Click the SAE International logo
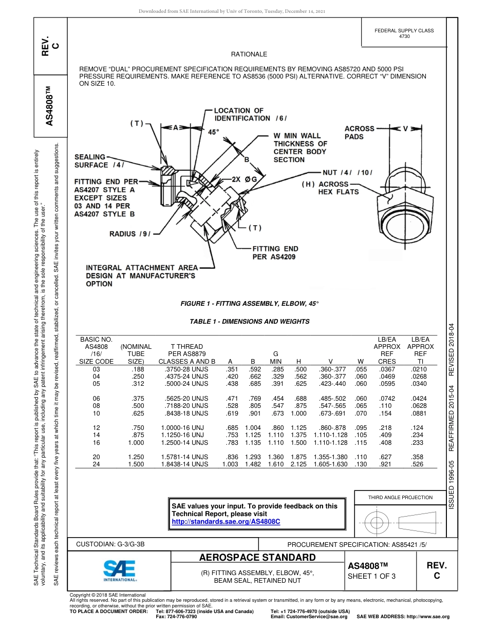tap(120, 570)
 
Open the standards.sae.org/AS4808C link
tap(226, 521)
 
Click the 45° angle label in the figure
tap(213, 132)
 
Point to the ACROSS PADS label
tap(359, 133)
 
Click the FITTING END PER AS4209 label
tap(275, 253)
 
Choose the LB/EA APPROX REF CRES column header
tap(387, 350)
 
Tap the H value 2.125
tap(298, 464)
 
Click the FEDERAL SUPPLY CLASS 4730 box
tap(404, 33)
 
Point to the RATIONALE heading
tap(249, 54)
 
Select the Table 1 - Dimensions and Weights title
tap(250, 322)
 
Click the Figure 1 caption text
tap(250, 304)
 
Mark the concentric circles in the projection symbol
tap(377, 523)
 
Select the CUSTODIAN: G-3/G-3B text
tap(114, 543)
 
